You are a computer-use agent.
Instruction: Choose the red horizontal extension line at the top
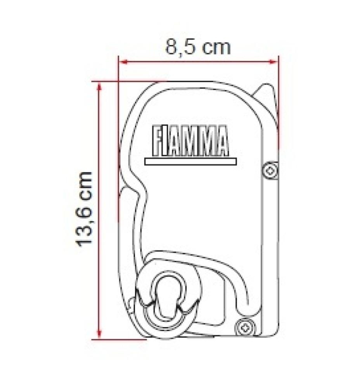[128, 81]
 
